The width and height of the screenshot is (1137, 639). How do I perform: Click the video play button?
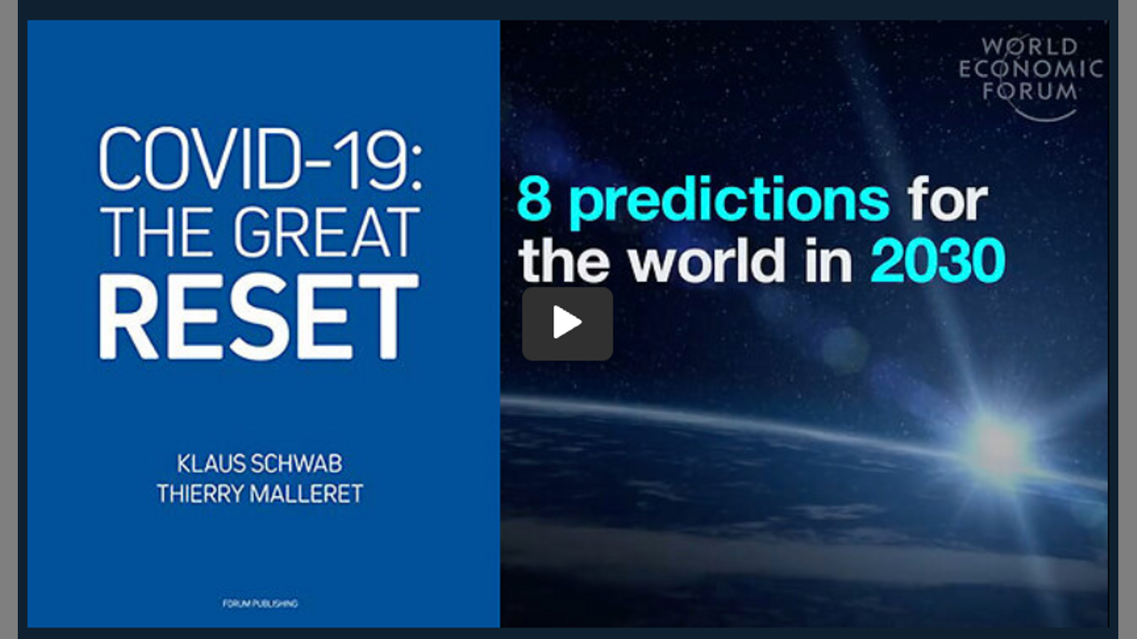click(567, 324)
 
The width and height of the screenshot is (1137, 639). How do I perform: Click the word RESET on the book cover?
click(258, 317)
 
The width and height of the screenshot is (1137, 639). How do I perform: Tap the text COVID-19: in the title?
click(260, 159)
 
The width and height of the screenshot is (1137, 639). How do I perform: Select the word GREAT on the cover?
click(326, 233)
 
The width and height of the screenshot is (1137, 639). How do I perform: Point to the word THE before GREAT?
click(157, 233)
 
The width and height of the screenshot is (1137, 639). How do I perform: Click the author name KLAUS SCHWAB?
click(259, 463)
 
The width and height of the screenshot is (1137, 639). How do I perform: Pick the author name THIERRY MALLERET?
click(260, 493)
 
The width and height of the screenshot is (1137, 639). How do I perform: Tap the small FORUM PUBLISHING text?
click(260, 603)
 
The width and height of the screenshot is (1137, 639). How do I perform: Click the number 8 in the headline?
click(535, 200)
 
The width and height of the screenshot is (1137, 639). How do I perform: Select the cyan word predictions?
click(729, 201)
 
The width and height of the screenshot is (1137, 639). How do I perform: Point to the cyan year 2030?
click(938, 261)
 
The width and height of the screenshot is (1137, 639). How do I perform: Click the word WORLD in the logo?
click(1030, 47)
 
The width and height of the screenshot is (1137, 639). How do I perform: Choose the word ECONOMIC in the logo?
click(1030, 69)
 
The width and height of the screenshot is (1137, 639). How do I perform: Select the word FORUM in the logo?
click(1030, 91)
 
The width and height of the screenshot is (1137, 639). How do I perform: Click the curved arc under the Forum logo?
click(1046, 119)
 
